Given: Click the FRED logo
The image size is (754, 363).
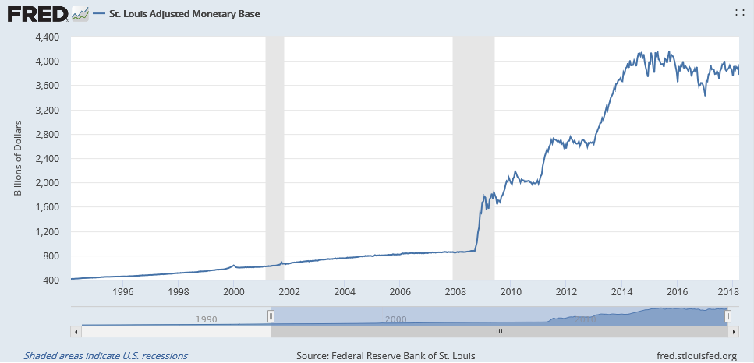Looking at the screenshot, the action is tap(37, 14).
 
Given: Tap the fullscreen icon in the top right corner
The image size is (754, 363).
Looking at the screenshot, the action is tap(740, 13).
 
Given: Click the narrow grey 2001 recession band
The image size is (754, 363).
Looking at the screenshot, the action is tap(274, 158).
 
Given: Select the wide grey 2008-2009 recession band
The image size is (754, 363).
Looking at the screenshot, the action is tap(473, 158).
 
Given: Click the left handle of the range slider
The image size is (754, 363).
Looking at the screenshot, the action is tap(271, 316).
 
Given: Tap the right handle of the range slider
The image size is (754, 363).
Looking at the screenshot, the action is tap(728, 316).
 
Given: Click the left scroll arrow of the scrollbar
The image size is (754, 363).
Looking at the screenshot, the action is tap(76, 331).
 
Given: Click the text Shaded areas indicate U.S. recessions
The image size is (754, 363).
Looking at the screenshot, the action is tap(106, 356).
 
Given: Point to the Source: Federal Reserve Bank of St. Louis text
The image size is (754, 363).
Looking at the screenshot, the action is tap(386, 356).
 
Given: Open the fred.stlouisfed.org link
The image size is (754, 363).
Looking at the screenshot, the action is tap(696, 356).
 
